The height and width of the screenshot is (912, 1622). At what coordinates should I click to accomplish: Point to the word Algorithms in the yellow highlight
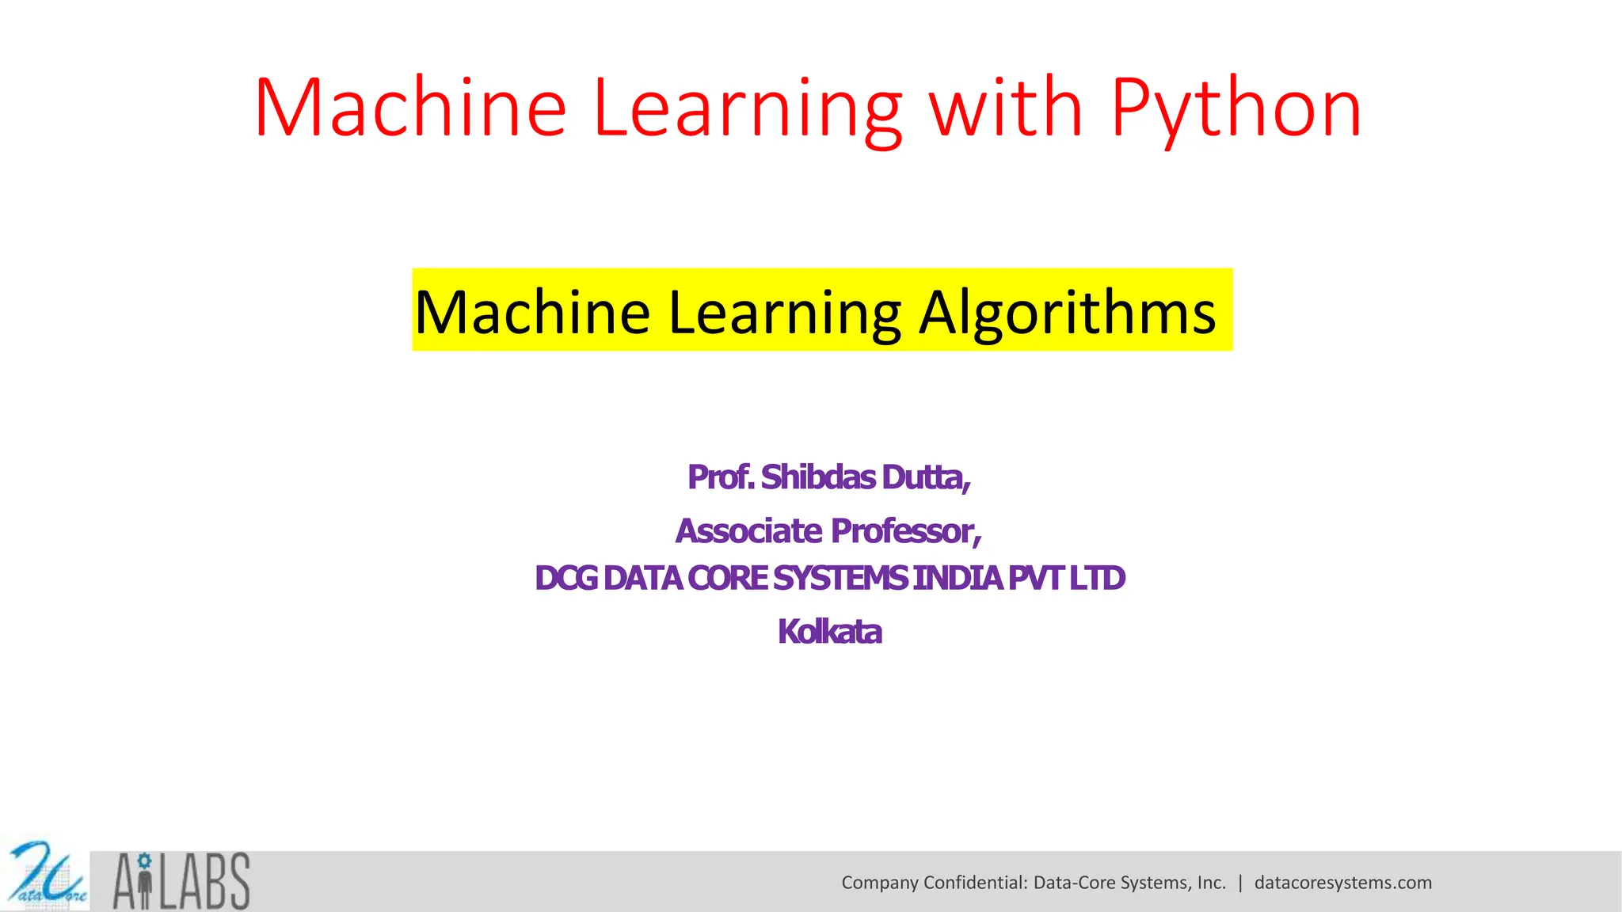tap(1067, 312)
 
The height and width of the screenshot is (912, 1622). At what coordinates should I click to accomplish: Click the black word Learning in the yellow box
tap(785, 312)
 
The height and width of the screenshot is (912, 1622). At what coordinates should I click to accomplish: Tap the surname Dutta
tap(926, 477)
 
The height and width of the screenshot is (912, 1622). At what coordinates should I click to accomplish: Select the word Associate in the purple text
tap(748, 530)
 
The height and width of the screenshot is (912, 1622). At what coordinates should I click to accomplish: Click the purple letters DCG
tap(566, 578)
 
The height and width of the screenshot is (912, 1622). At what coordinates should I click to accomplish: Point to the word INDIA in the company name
tap(958, 578)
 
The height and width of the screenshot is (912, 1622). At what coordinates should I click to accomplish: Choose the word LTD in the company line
tap(1097, 578)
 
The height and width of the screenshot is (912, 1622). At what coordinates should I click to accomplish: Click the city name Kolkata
tap(829, 632)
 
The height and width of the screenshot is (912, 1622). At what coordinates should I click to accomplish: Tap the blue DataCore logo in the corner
tap(45, 875)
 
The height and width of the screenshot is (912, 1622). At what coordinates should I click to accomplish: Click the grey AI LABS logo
tap(181, 880)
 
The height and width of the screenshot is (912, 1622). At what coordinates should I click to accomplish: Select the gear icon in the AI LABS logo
tap(143, 860)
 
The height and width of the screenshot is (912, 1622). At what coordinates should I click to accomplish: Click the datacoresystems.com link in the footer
tap(1342, 883)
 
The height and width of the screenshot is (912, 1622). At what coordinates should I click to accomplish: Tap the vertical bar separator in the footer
tap(1240, 883)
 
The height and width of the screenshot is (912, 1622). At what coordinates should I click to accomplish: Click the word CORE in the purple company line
tap(728, 578)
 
